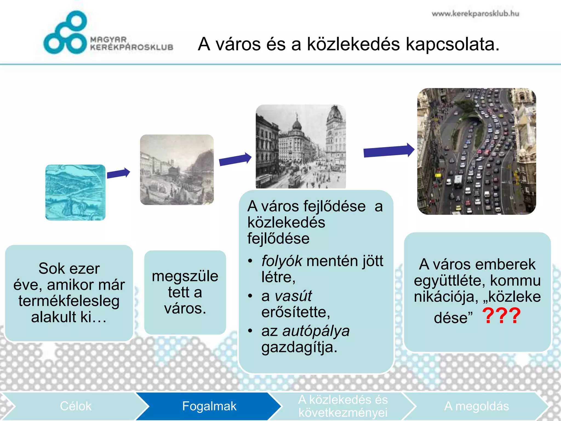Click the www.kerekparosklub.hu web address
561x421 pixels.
[475, 14]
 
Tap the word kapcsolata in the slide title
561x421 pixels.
[453, 44]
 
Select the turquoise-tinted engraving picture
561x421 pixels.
[75, 192]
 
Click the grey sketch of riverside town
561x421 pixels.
[177, 170]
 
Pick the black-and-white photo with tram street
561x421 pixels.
[301, 147]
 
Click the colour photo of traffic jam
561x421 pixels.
[476, 151]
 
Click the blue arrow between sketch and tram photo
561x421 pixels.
[235, 159]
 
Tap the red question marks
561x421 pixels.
[501, 316]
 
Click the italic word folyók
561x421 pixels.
[282, 261]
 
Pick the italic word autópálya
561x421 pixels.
[316, 331]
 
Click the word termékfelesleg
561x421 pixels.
[69, 301]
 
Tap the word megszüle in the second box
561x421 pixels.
[185, 276]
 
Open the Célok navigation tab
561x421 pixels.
[75, 406]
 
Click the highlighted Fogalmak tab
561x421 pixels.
[209, 406]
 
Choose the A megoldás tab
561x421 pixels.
[476, 406]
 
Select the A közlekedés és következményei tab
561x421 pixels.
[343, 406]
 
